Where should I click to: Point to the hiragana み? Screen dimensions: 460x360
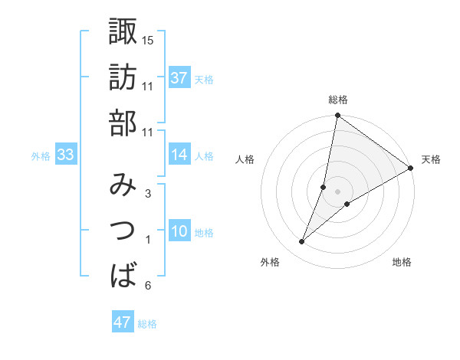pos(123,185)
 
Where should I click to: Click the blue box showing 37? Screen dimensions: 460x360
pos(179,77)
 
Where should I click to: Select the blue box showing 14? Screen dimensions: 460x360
pos(179,155)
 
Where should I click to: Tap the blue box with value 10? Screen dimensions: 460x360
pos(179,231)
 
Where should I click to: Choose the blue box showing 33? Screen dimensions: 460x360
pos(65,155)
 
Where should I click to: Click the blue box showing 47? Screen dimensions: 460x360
pos(123,322)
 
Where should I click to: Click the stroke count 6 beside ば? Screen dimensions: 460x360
pos(148,286)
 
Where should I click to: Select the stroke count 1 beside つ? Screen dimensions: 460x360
pos(148,240)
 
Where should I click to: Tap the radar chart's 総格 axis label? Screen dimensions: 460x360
pos(338,100)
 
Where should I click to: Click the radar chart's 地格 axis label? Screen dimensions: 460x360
pos(402,262)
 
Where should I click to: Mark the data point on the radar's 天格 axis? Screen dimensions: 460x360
pos(411,169)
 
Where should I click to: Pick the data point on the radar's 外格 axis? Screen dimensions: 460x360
pos(302,242)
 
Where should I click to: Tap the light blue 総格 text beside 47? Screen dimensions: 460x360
pos(147,324)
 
